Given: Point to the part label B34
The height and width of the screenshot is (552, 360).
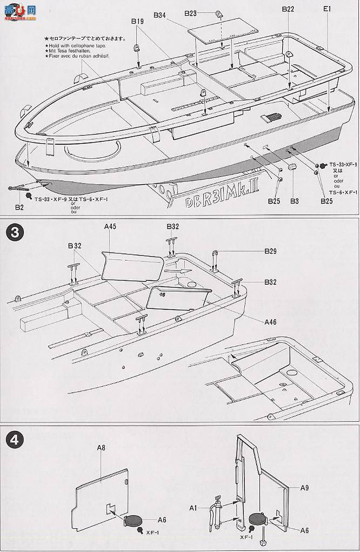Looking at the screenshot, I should click(159, 16).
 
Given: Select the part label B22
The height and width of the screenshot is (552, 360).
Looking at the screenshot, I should click(288, 9).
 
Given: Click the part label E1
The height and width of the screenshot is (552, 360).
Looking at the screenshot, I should click(327, 9).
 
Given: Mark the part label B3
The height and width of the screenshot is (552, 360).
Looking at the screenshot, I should click(295, 201).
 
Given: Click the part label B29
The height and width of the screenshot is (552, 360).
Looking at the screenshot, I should click(271, 251).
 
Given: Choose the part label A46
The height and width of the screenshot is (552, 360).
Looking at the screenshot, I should click(271, 322).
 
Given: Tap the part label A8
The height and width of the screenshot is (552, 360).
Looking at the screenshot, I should click(101, 448).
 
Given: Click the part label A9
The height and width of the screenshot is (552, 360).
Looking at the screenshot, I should click(304, 488).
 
